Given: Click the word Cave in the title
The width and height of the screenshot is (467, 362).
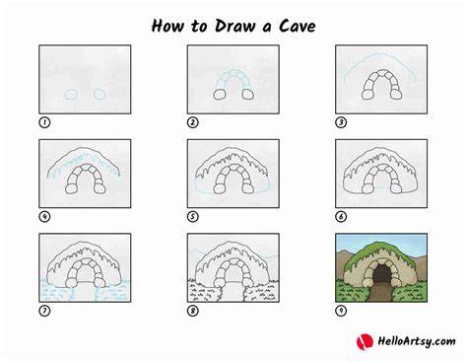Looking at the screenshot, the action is pos(298,26).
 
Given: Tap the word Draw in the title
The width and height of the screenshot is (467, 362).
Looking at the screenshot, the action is pos(234,26).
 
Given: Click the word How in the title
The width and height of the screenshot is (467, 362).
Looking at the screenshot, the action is pos(167,26).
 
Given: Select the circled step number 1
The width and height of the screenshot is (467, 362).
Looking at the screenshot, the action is pos(44,122).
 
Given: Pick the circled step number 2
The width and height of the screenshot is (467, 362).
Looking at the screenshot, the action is pos(193,122).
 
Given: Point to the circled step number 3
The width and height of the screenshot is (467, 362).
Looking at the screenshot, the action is pos(341,122).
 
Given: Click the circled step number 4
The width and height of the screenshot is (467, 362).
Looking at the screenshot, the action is pos(44,217).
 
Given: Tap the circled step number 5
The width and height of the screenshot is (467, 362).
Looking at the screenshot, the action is pos(193,217).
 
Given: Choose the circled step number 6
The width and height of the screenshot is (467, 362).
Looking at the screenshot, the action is pos(341,217).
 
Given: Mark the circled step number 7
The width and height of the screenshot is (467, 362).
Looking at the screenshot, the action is pos(44,311).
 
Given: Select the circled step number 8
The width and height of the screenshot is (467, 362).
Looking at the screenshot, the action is pos(193,311).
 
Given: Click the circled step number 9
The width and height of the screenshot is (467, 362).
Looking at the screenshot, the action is pos(341,311).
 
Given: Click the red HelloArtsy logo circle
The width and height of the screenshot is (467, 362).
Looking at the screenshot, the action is pos(365,341).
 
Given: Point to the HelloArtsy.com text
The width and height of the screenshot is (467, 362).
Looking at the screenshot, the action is pos(417,341).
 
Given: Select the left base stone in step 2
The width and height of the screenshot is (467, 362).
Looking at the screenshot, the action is pos(220,95).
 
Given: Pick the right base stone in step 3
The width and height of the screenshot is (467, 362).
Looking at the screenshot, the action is pos(396,95).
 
